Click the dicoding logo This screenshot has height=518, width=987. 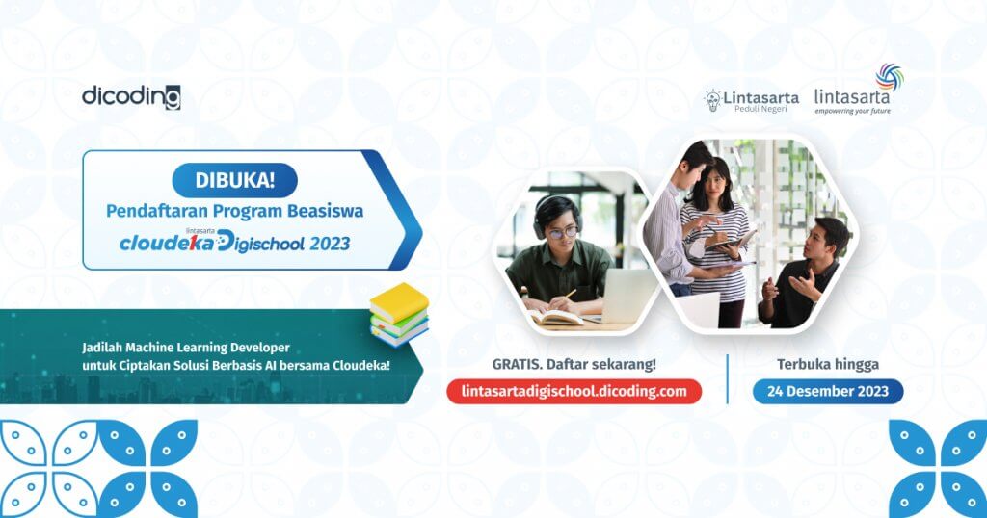(131, 96)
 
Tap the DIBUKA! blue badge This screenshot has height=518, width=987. (234, 180)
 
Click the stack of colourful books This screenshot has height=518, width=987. (399, 315)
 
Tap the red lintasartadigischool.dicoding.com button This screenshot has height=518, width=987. (574, 391)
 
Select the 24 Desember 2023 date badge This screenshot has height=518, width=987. (828, 391)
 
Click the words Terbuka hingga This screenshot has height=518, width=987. (827, 364)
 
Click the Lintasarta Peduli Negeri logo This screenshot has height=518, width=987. (745, 100)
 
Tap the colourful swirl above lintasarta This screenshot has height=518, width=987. (889, 76)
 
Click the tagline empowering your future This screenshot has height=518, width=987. (852, 111)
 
